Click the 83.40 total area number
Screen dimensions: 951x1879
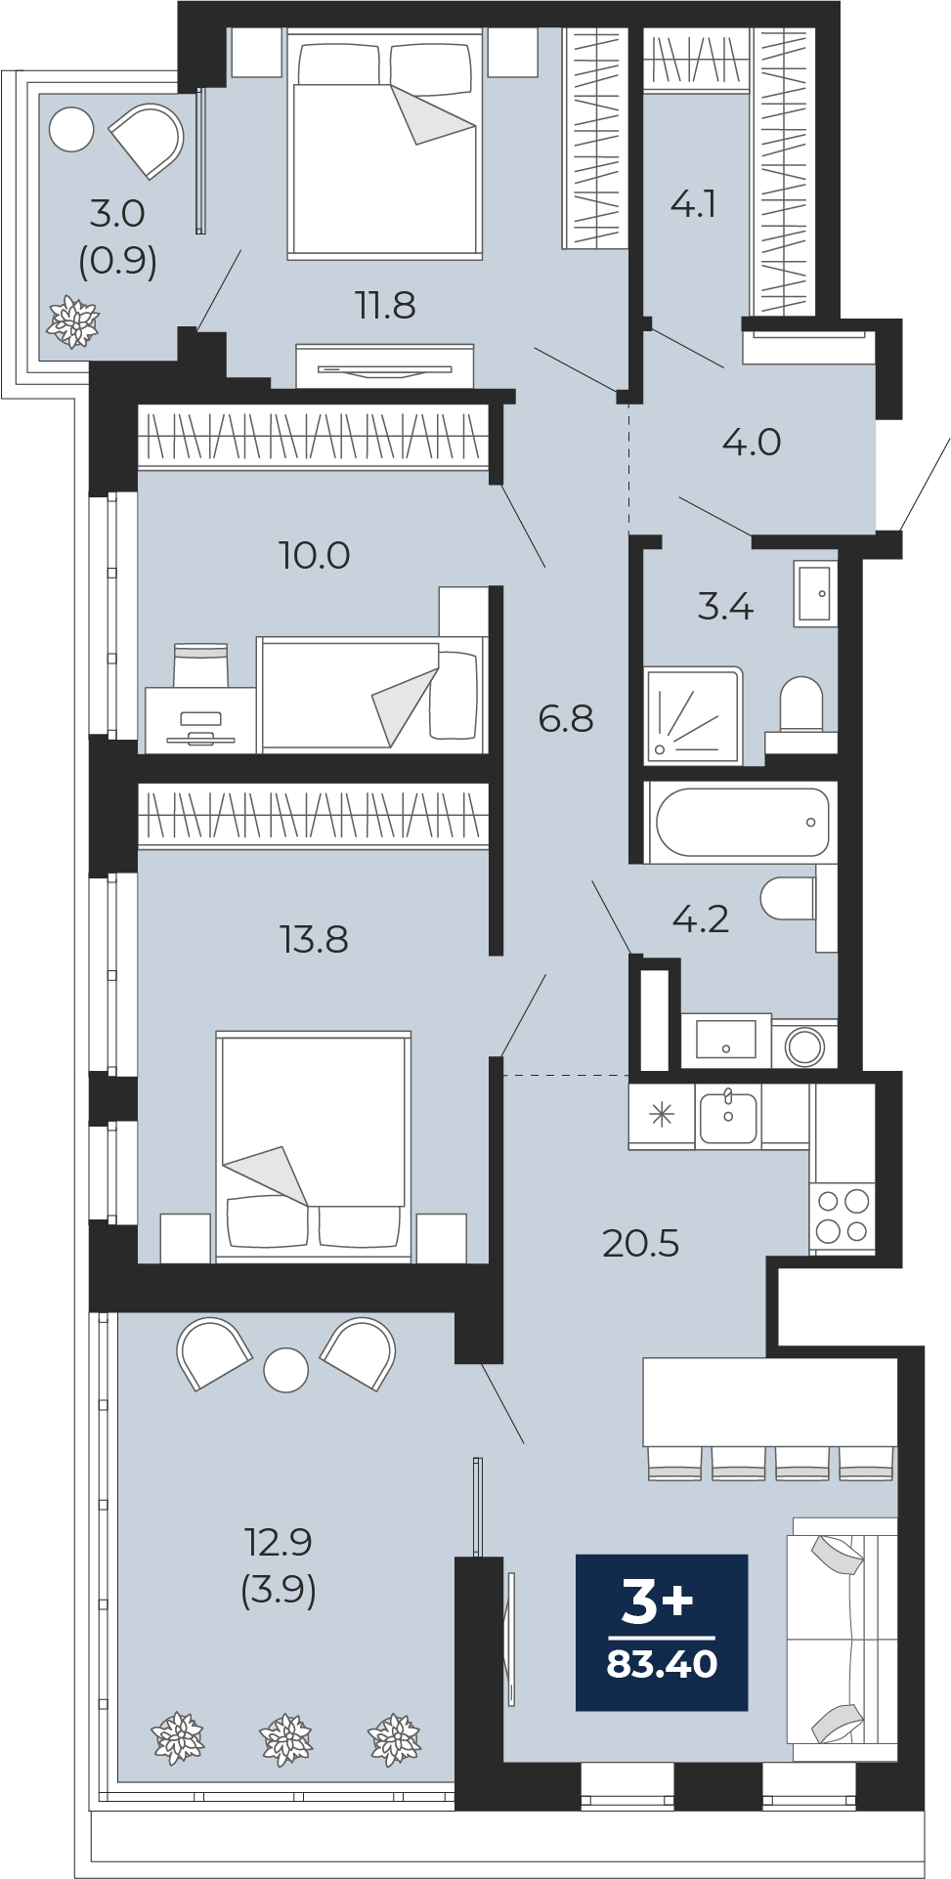[662, 1663]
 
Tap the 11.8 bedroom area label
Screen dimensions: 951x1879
[385, 306]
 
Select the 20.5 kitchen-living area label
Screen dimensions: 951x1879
[640, 1243]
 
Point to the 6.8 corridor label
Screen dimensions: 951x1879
[566, 718]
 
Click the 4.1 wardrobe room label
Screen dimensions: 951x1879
[694, 203]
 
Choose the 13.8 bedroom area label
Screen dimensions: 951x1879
[314, 939]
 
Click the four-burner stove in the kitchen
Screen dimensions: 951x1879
[843, 1216]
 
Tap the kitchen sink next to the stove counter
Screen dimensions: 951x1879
[728, 1117]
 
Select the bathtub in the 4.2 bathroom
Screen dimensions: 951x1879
[742, 822]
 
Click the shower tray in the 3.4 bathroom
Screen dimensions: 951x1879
[693, 716]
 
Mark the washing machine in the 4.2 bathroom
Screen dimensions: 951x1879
[804, 1046]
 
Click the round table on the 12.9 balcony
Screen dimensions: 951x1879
[286, 1370]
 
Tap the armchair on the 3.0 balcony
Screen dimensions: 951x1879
[148, 139]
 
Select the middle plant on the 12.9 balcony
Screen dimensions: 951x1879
[286, 1739]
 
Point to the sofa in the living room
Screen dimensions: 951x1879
[843, 1640]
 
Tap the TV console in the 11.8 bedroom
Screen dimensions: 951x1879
[384, 367]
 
